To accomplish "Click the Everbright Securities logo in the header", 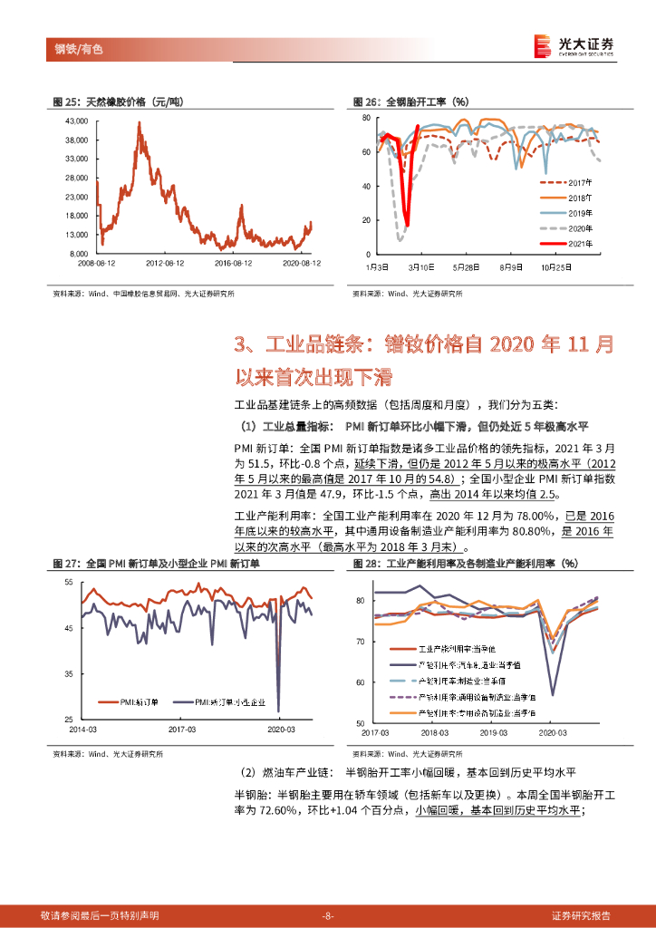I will pyautogui.click(x=574, y=45).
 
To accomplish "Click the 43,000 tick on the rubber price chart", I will pyautogui.click(x=75, y=121).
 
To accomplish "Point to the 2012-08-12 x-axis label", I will pyautogui.click(x=167, y=263).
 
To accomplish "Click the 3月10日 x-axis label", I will pyautogui.click(x=420, y=267).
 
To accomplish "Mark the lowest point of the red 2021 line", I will pyautogui.click(x=407, y=225).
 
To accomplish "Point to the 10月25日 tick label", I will pyautogui.click(x=555, y=267).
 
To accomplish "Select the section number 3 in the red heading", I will pyautogui.click(x=240, y=345).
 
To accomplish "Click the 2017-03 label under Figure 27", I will pyautogui.click(x=183, y=729).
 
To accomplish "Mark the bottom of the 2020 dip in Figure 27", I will pyautogui.click(x=278, y=710).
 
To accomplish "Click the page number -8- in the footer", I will pyautogui.click(x=328, y=915).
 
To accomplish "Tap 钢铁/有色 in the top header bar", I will pyautogui.click(x=73, y=49).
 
